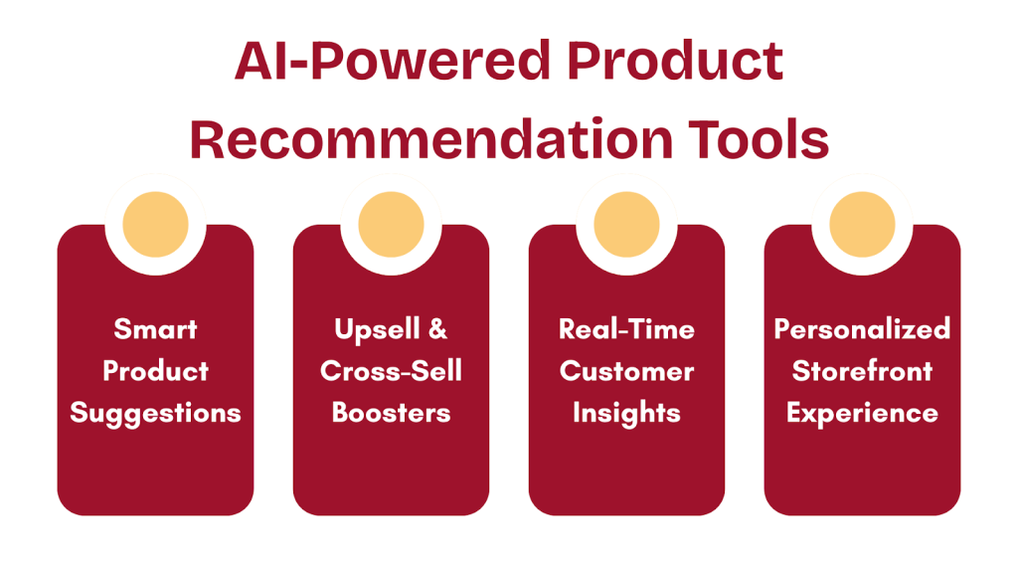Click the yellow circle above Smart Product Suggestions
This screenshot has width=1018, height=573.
point(155,224)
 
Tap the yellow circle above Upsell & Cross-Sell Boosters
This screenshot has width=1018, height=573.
point(391,224)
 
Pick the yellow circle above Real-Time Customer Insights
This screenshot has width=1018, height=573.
point(626,224)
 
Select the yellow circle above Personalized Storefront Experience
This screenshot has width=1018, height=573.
point(862,224)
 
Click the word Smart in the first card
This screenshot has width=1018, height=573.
point(155,329)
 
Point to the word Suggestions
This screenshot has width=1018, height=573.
point(155,413)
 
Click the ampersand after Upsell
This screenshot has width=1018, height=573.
point(436,329)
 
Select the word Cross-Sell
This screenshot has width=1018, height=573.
point(391,371)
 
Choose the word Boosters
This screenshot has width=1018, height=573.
point(391,413)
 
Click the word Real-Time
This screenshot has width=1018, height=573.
point(626,329)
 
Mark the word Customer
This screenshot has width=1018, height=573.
point(626,371)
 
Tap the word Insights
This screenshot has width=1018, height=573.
point(626,413)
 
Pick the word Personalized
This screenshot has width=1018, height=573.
point(862,329)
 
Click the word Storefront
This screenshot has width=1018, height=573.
point(862,371)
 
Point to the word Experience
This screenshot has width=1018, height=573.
point(862,413)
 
